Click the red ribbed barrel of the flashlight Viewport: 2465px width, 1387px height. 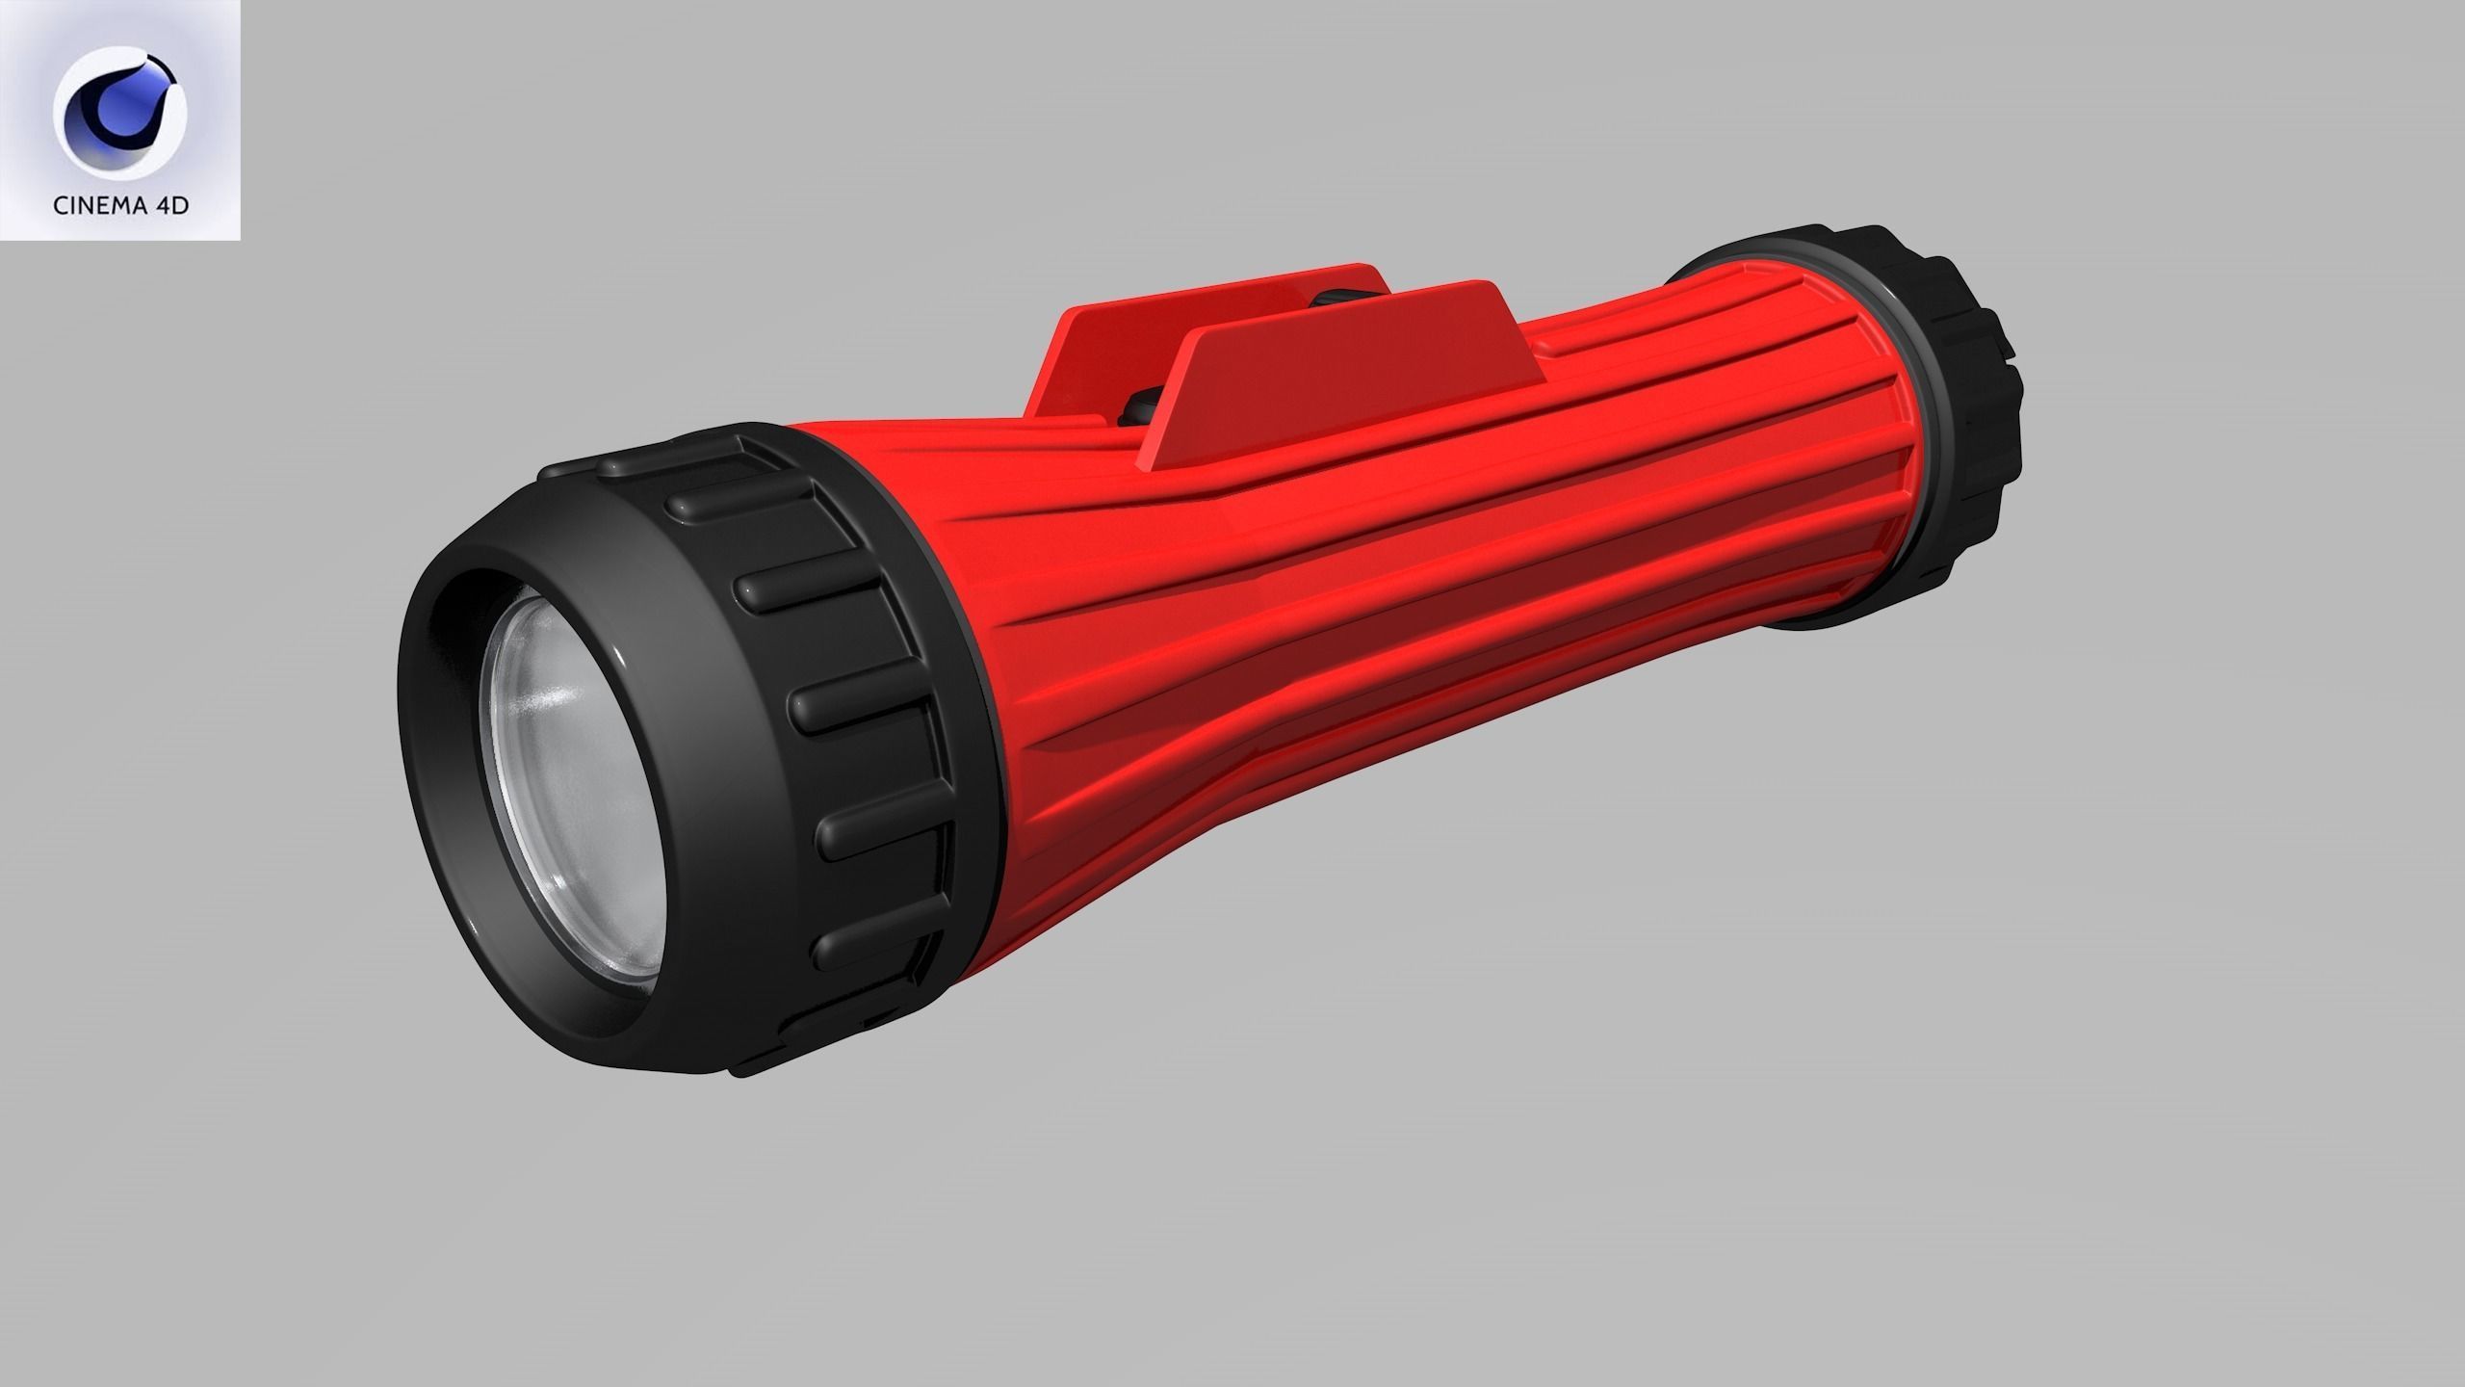1348,597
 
